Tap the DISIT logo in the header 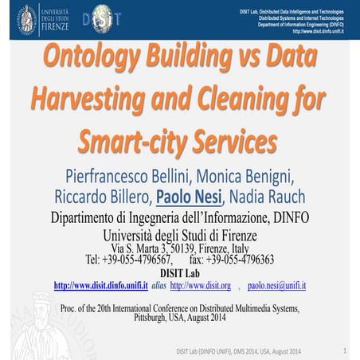pos(103,18)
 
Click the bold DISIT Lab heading pos(179,272)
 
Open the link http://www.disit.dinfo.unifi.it pos(100,285)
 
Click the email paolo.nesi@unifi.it pos(276,285)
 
